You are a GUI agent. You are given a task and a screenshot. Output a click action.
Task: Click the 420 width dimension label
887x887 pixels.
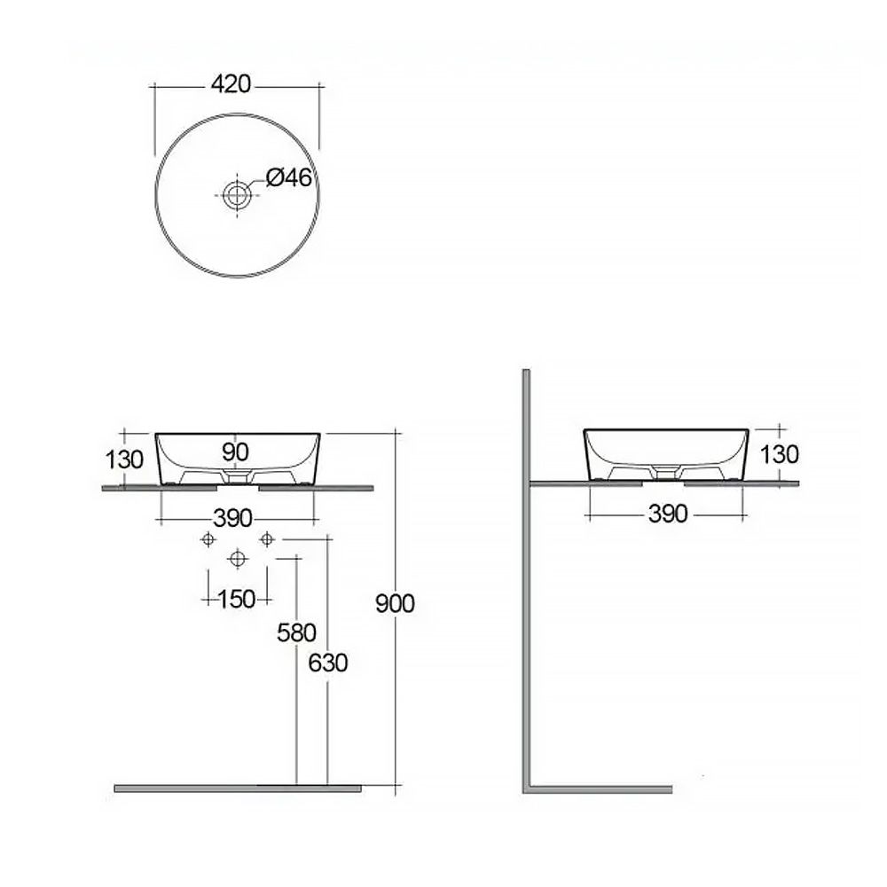coord(231,84)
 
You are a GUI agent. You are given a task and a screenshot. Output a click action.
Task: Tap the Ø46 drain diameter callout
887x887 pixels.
coord(289,177)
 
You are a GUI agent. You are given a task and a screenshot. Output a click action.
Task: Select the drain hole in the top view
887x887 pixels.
coord(237,194)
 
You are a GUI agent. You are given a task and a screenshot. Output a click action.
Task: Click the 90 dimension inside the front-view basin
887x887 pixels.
coord(235,452)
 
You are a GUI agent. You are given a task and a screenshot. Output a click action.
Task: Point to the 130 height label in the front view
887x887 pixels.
coord(124,459)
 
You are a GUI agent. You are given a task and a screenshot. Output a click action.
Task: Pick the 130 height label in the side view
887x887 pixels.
coord(779,454)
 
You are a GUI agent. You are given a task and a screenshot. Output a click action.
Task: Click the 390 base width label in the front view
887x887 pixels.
coord(232,518)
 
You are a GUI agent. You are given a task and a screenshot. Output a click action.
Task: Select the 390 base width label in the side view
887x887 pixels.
coord(668,514)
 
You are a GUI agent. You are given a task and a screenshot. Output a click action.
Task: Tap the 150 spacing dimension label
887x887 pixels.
coord(237,600)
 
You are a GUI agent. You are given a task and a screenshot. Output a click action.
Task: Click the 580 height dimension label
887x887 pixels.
coord(296,633)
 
